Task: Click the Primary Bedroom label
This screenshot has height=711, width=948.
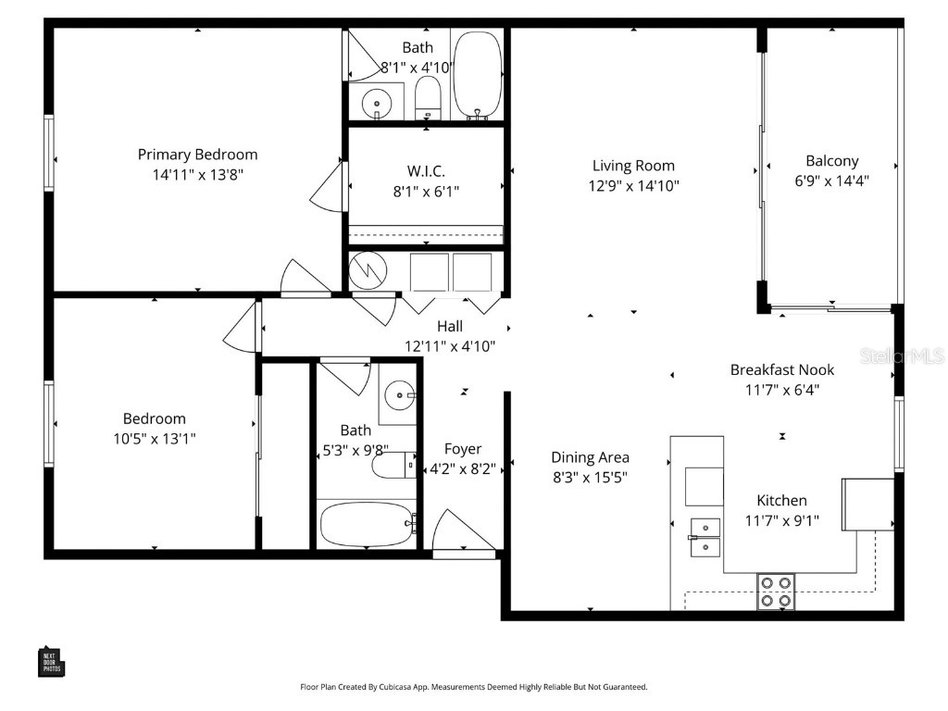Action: click(197, 155)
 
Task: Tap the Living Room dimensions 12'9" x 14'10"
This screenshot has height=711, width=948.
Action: click(634, 185)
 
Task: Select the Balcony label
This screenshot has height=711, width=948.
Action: click(831, 160)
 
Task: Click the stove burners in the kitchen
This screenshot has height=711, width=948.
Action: click(776, 592)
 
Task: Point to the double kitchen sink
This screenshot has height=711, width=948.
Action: click(705, 537)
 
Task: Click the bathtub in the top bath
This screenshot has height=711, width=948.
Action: click(478, 74)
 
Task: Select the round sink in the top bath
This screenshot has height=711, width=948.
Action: click(377, 102)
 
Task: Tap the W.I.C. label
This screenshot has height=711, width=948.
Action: click(426, 171)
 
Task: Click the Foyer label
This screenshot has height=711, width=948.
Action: click(463, 449)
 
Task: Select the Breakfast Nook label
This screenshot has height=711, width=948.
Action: click(781, 369)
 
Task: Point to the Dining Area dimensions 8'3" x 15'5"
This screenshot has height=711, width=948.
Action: click(590, 478)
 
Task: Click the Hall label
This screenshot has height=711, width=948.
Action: click(450, 326)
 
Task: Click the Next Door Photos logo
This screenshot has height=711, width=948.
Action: click(51, 661)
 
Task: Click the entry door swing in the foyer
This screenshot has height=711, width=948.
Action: click(454, 532)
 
